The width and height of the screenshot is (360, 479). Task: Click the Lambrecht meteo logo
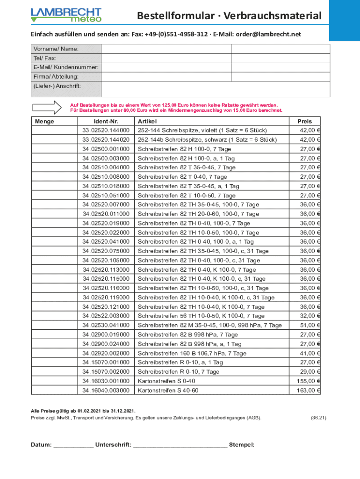click(66, 15)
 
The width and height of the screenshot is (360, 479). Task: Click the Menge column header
click(44, 121)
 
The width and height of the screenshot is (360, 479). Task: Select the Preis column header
click(304, 121)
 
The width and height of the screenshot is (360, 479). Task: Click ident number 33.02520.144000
click(106, 131)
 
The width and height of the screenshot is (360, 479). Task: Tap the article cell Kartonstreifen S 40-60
click(168, 391)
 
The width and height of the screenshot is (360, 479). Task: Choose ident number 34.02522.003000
click(106, 316)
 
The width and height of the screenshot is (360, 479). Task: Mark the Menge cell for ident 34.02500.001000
click(54, 149)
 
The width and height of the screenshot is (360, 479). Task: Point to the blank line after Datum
click(73, 445)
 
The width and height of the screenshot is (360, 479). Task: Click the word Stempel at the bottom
click(242, 445)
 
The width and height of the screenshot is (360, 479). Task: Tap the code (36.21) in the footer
click(318, 418)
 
